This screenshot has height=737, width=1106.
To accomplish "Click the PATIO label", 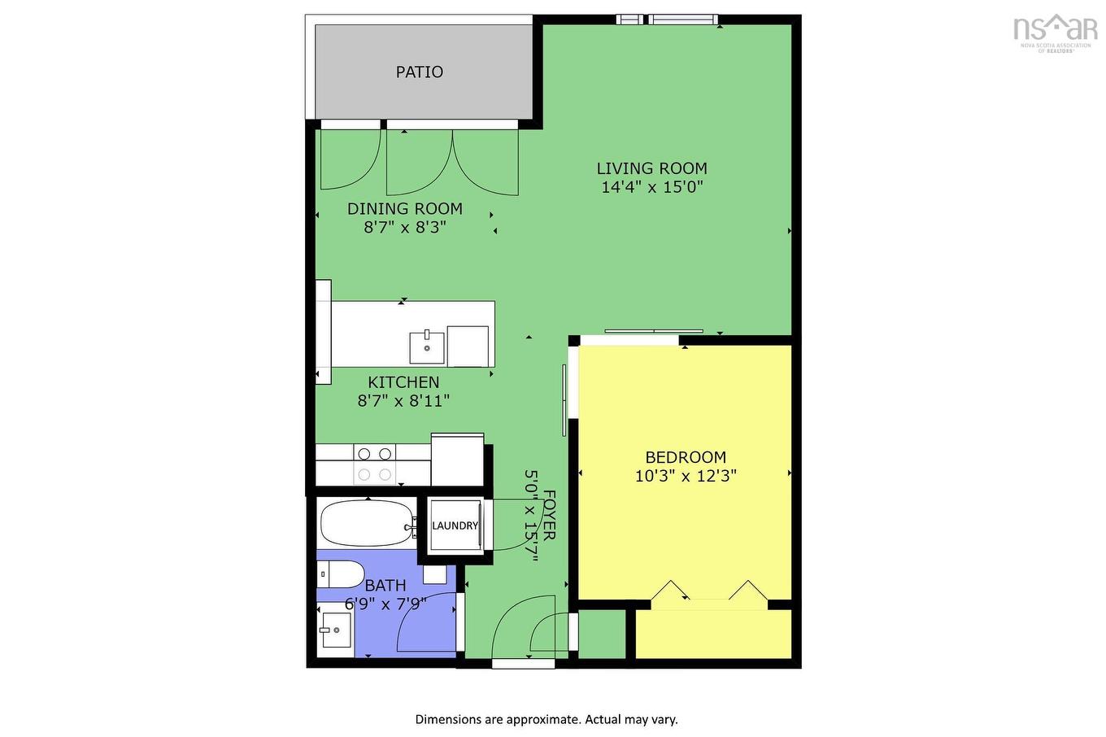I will pos(419,72).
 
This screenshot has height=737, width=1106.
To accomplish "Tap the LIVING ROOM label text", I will pos(651,168).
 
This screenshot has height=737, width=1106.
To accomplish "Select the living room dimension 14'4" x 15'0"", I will pos(651,187).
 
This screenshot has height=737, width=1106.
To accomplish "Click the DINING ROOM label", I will pos(404,209).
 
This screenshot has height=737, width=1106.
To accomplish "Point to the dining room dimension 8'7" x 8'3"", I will pos(404,227).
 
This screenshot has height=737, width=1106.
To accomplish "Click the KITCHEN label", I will pos(403,382).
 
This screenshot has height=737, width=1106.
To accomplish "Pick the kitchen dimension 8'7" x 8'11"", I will pos(403,400).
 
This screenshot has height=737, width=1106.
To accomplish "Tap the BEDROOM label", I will pos(685,457).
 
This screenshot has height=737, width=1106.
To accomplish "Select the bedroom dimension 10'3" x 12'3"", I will pos(685,476).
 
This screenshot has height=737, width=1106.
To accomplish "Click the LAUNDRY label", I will pos(455,525).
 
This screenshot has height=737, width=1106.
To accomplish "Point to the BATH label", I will pos(385,586).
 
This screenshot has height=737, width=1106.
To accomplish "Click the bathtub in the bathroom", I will pos(366,524).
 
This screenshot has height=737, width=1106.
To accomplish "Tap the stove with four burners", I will pos(375,464).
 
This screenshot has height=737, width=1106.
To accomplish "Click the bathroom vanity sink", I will pos(335,630).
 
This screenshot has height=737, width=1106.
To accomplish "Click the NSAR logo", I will pos(1055,30).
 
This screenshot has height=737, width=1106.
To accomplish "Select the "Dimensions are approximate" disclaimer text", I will pos(546,719).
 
